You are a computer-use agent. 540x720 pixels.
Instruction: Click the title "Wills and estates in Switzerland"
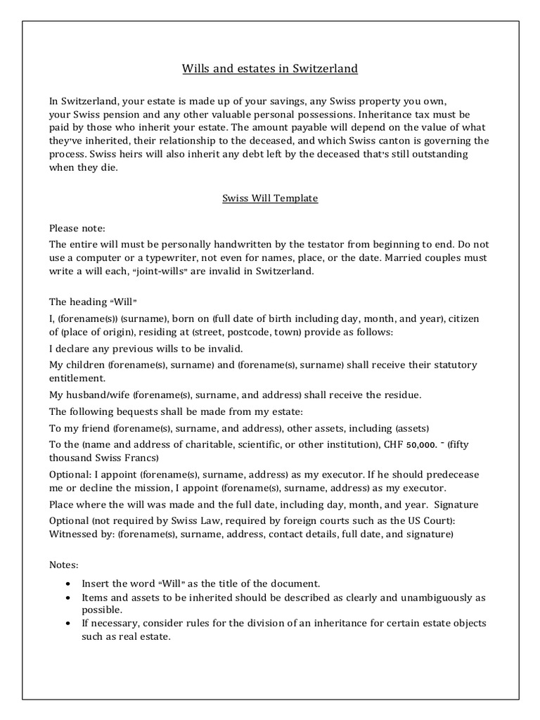tap(270, 69)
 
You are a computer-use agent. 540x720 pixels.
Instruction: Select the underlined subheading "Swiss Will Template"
tap(270, 198)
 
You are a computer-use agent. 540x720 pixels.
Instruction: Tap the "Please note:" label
tap(77, 229)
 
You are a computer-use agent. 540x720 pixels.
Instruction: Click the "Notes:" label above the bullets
tap(65, 565)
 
